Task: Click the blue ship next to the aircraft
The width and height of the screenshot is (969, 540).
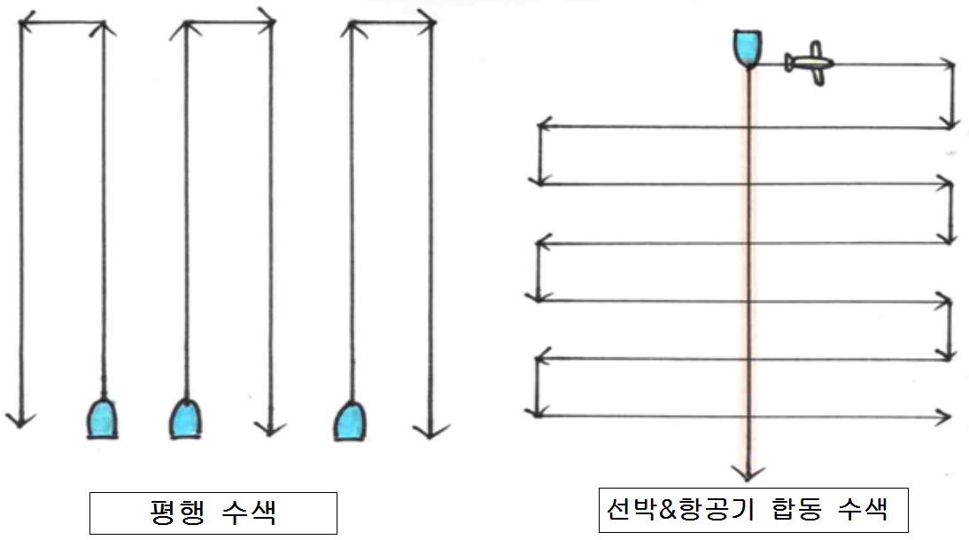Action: pos(748,47)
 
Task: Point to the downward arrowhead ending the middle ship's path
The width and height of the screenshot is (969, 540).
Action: pos(269,427)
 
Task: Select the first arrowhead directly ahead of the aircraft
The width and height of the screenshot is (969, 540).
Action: pos(950,65)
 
